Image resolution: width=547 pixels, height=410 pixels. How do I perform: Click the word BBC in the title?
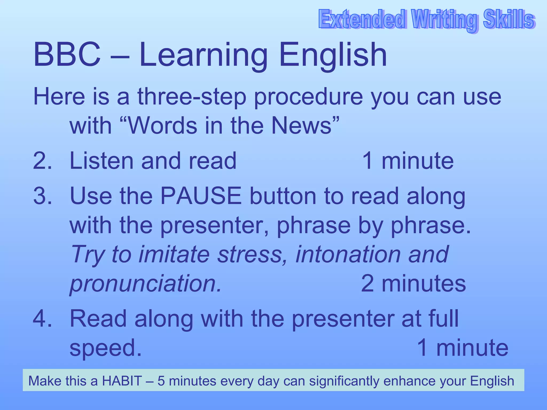tap(67, 55)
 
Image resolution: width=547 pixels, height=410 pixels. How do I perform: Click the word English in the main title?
tap(333, 55)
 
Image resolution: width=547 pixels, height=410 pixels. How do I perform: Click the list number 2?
tap(42, 161)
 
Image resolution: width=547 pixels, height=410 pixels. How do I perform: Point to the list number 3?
tap(42, 196)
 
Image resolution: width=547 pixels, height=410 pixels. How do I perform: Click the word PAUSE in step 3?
tap(201, 196)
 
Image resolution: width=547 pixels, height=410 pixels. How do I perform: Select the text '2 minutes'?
tap(413, 283)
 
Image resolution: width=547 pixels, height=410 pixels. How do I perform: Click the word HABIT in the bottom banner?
tap(122, 381)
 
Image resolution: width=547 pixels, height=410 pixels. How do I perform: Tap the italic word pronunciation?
tap(146, 284)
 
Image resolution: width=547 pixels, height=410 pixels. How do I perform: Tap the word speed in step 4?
tap(105, 348)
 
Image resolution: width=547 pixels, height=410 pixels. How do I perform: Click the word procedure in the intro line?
tap(308, 97)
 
